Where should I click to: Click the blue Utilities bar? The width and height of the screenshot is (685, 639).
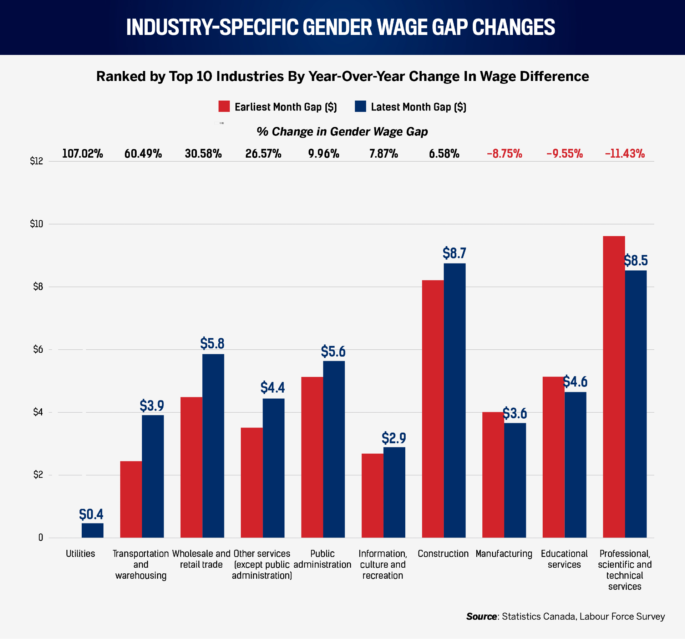(92, 530)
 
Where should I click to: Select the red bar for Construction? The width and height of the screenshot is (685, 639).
(433, 409)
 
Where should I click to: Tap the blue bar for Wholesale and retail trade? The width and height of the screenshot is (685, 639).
(213, 446)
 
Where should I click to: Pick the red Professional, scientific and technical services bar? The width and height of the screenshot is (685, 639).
(614, 387)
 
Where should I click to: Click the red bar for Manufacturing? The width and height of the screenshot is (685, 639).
(493, 475)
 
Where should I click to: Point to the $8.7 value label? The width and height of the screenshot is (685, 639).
(455, 253)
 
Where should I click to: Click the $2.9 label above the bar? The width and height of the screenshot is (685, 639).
(394, 438)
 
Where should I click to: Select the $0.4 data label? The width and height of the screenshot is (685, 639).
(91, 514)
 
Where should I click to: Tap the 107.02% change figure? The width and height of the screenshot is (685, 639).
(82, 154)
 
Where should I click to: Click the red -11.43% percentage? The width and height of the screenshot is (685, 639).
(625, 154)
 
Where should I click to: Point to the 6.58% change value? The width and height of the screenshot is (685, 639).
(444, 154)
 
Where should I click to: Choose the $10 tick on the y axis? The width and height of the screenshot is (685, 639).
(36, 224)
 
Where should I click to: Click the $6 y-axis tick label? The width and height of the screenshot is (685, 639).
(38, 349)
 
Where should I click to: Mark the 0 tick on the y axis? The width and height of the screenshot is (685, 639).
(41, 538)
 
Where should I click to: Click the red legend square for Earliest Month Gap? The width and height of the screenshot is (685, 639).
(224, 106)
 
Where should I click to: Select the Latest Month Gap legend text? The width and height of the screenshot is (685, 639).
(418, 107)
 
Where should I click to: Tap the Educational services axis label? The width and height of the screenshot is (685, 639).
(564, 559)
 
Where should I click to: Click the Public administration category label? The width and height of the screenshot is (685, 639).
(323, 559)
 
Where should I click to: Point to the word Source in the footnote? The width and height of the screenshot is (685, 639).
(482, 617)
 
